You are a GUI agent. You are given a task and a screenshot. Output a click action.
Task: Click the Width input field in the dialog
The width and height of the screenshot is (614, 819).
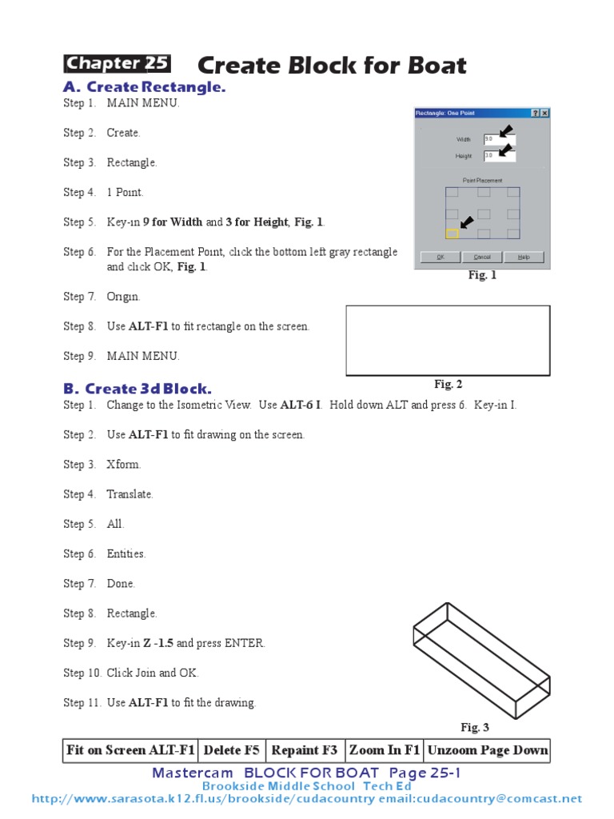(x=499, y=139)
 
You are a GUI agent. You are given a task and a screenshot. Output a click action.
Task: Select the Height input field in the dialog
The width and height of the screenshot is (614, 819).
(x=499, y=156)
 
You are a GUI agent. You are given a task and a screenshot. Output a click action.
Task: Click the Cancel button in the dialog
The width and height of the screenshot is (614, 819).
(x=482, y=258)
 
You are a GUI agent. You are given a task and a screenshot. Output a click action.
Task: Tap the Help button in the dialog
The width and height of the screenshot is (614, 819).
(x=523, y=258)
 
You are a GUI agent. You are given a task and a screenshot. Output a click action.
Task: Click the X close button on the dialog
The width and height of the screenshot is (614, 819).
(x=544, y=114)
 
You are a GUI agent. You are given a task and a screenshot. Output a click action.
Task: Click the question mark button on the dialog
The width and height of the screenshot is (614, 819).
(x=535, y=114)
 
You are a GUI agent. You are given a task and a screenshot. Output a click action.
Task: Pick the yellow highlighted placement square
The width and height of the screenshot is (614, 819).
(x=452, y=234)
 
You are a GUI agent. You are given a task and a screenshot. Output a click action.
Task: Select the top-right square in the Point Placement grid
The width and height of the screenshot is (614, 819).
(x=513, y=193)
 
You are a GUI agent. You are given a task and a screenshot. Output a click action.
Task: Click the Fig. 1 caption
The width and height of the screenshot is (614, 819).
(x=482, y=275)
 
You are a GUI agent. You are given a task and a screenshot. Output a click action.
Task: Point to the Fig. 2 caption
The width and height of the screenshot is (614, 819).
(x=448, y=385)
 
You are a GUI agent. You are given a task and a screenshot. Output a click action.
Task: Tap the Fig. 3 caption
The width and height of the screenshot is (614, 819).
(x=475, y=728)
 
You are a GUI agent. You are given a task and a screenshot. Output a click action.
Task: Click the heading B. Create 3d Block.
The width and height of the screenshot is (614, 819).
(x=138, y=390)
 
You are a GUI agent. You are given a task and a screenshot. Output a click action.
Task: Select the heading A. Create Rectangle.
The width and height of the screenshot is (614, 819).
(x=144, y=87)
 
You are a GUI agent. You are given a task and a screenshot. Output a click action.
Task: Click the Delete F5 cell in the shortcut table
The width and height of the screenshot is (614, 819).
(x=231, y=750)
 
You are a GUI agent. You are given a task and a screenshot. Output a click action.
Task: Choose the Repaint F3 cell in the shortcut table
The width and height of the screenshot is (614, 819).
(x=305, y=750)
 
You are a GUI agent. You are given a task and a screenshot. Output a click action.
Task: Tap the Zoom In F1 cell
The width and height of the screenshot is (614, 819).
(x=384, y=750)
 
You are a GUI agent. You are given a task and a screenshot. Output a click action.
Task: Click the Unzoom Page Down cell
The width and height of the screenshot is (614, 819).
(x=488, y=750)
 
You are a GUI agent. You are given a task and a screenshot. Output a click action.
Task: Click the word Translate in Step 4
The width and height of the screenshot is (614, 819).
(x=130, y=494)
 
